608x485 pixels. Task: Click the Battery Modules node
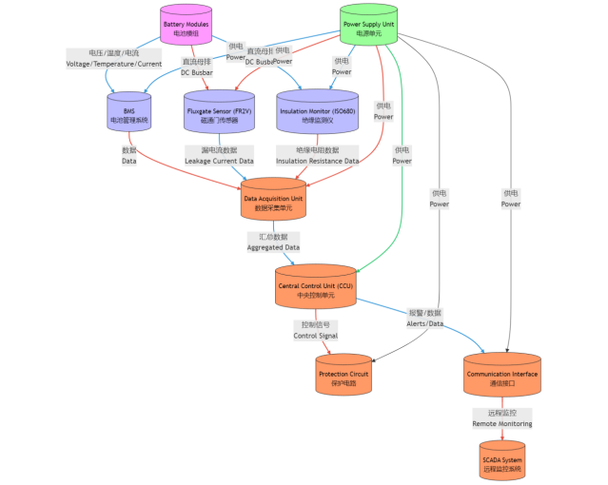tap(186, 27)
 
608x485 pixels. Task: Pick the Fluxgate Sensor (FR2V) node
tap(219, 114)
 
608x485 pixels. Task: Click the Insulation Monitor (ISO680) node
tap(317, 114)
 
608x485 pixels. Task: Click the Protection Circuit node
tap(343, 376)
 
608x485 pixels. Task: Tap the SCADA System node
tap(502, 462)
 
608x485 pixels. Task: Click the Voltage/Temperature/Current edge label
tap(113, 59)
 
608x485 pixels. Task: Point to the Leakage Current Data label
tap(219, 156)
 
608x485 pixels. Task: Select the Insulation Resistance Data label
tap(317, 156)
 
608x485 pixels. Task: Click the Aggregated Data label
tap(273, 242)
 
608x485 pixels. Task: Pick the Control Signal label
tap(317, 330)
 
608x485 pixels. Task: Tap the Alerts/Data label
tap(425, 318)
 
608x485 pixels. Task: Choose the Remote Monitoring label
tap(502, 418)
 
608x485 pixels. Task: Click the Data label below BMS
tap(129, 156)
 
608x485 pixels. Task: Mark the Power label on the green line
tap(402, 156)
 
